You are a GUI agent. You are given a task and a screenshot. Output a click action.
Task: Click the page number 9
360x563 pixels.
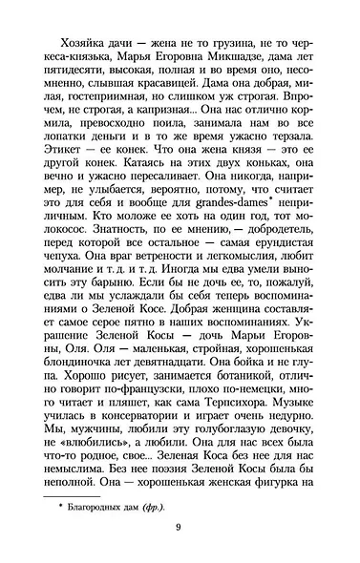pyautogui.click(x=179, y=536)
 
